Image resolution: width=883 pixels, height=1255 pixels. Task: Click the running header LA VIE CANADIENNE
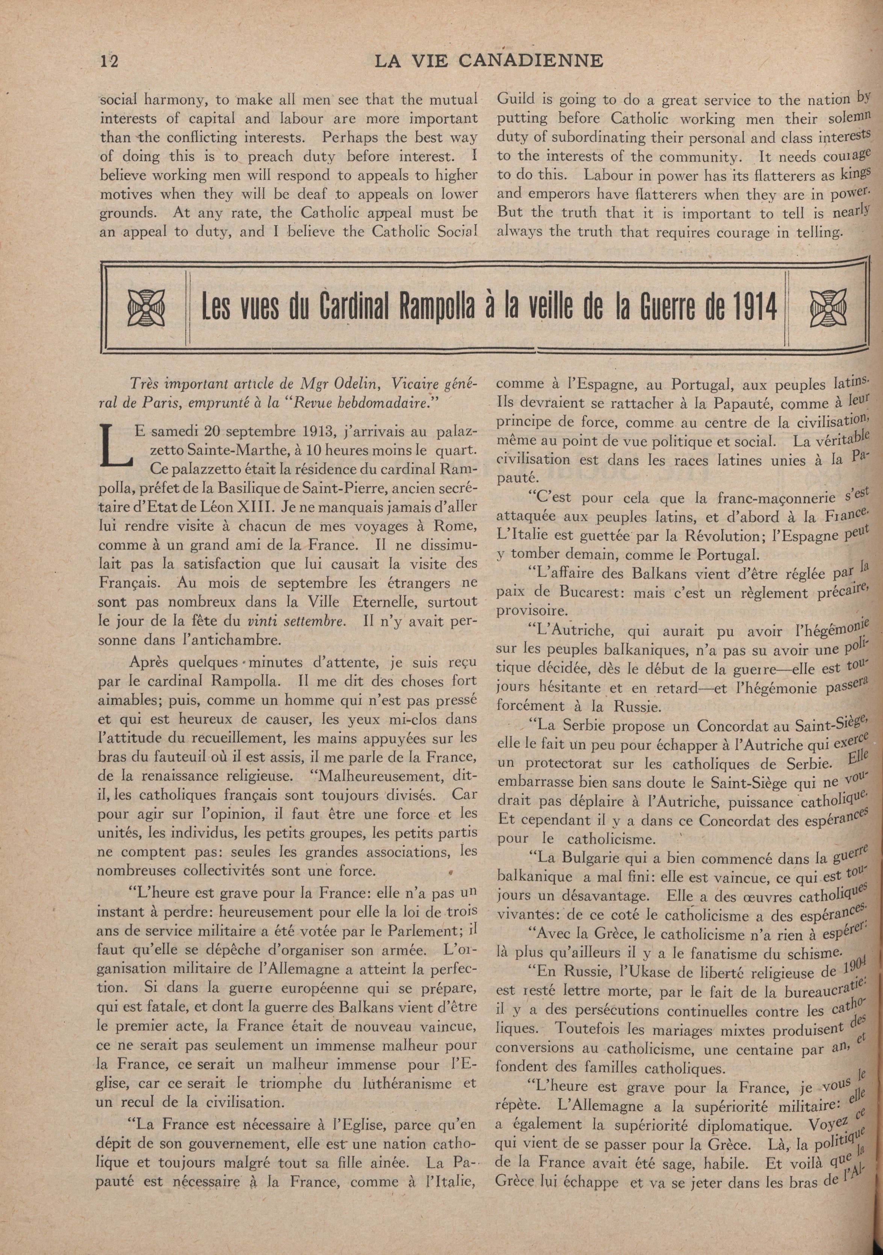489,60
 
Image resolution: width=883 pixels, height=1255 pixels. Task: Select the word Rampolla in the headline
440,308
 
